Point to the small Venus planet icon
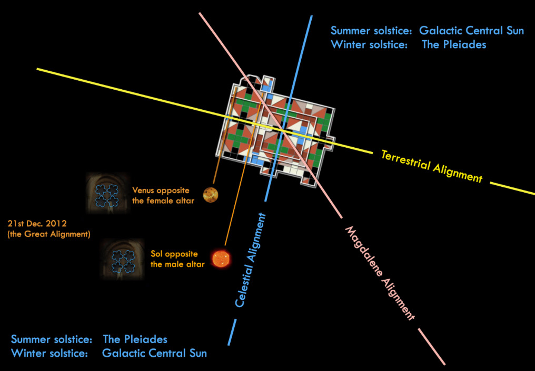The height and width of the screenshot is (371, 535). (211, 194)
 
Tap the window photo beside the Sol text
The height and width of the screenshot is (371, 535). (122, 258)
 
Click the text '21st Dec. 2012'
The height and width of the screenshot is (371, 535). (37, 224)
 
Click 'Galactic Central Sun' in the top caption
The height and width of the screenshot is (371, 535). (471, 31)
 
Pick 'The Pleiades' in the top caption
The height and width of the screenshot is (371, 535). (454, 44)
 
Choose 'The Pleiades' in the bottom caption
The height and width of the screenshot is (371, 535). (135, 339)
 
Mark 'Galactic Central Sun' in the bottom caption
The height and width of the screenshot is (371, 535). (154, 353)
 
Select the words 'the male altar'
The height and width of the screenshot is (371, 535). (177, 264)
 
